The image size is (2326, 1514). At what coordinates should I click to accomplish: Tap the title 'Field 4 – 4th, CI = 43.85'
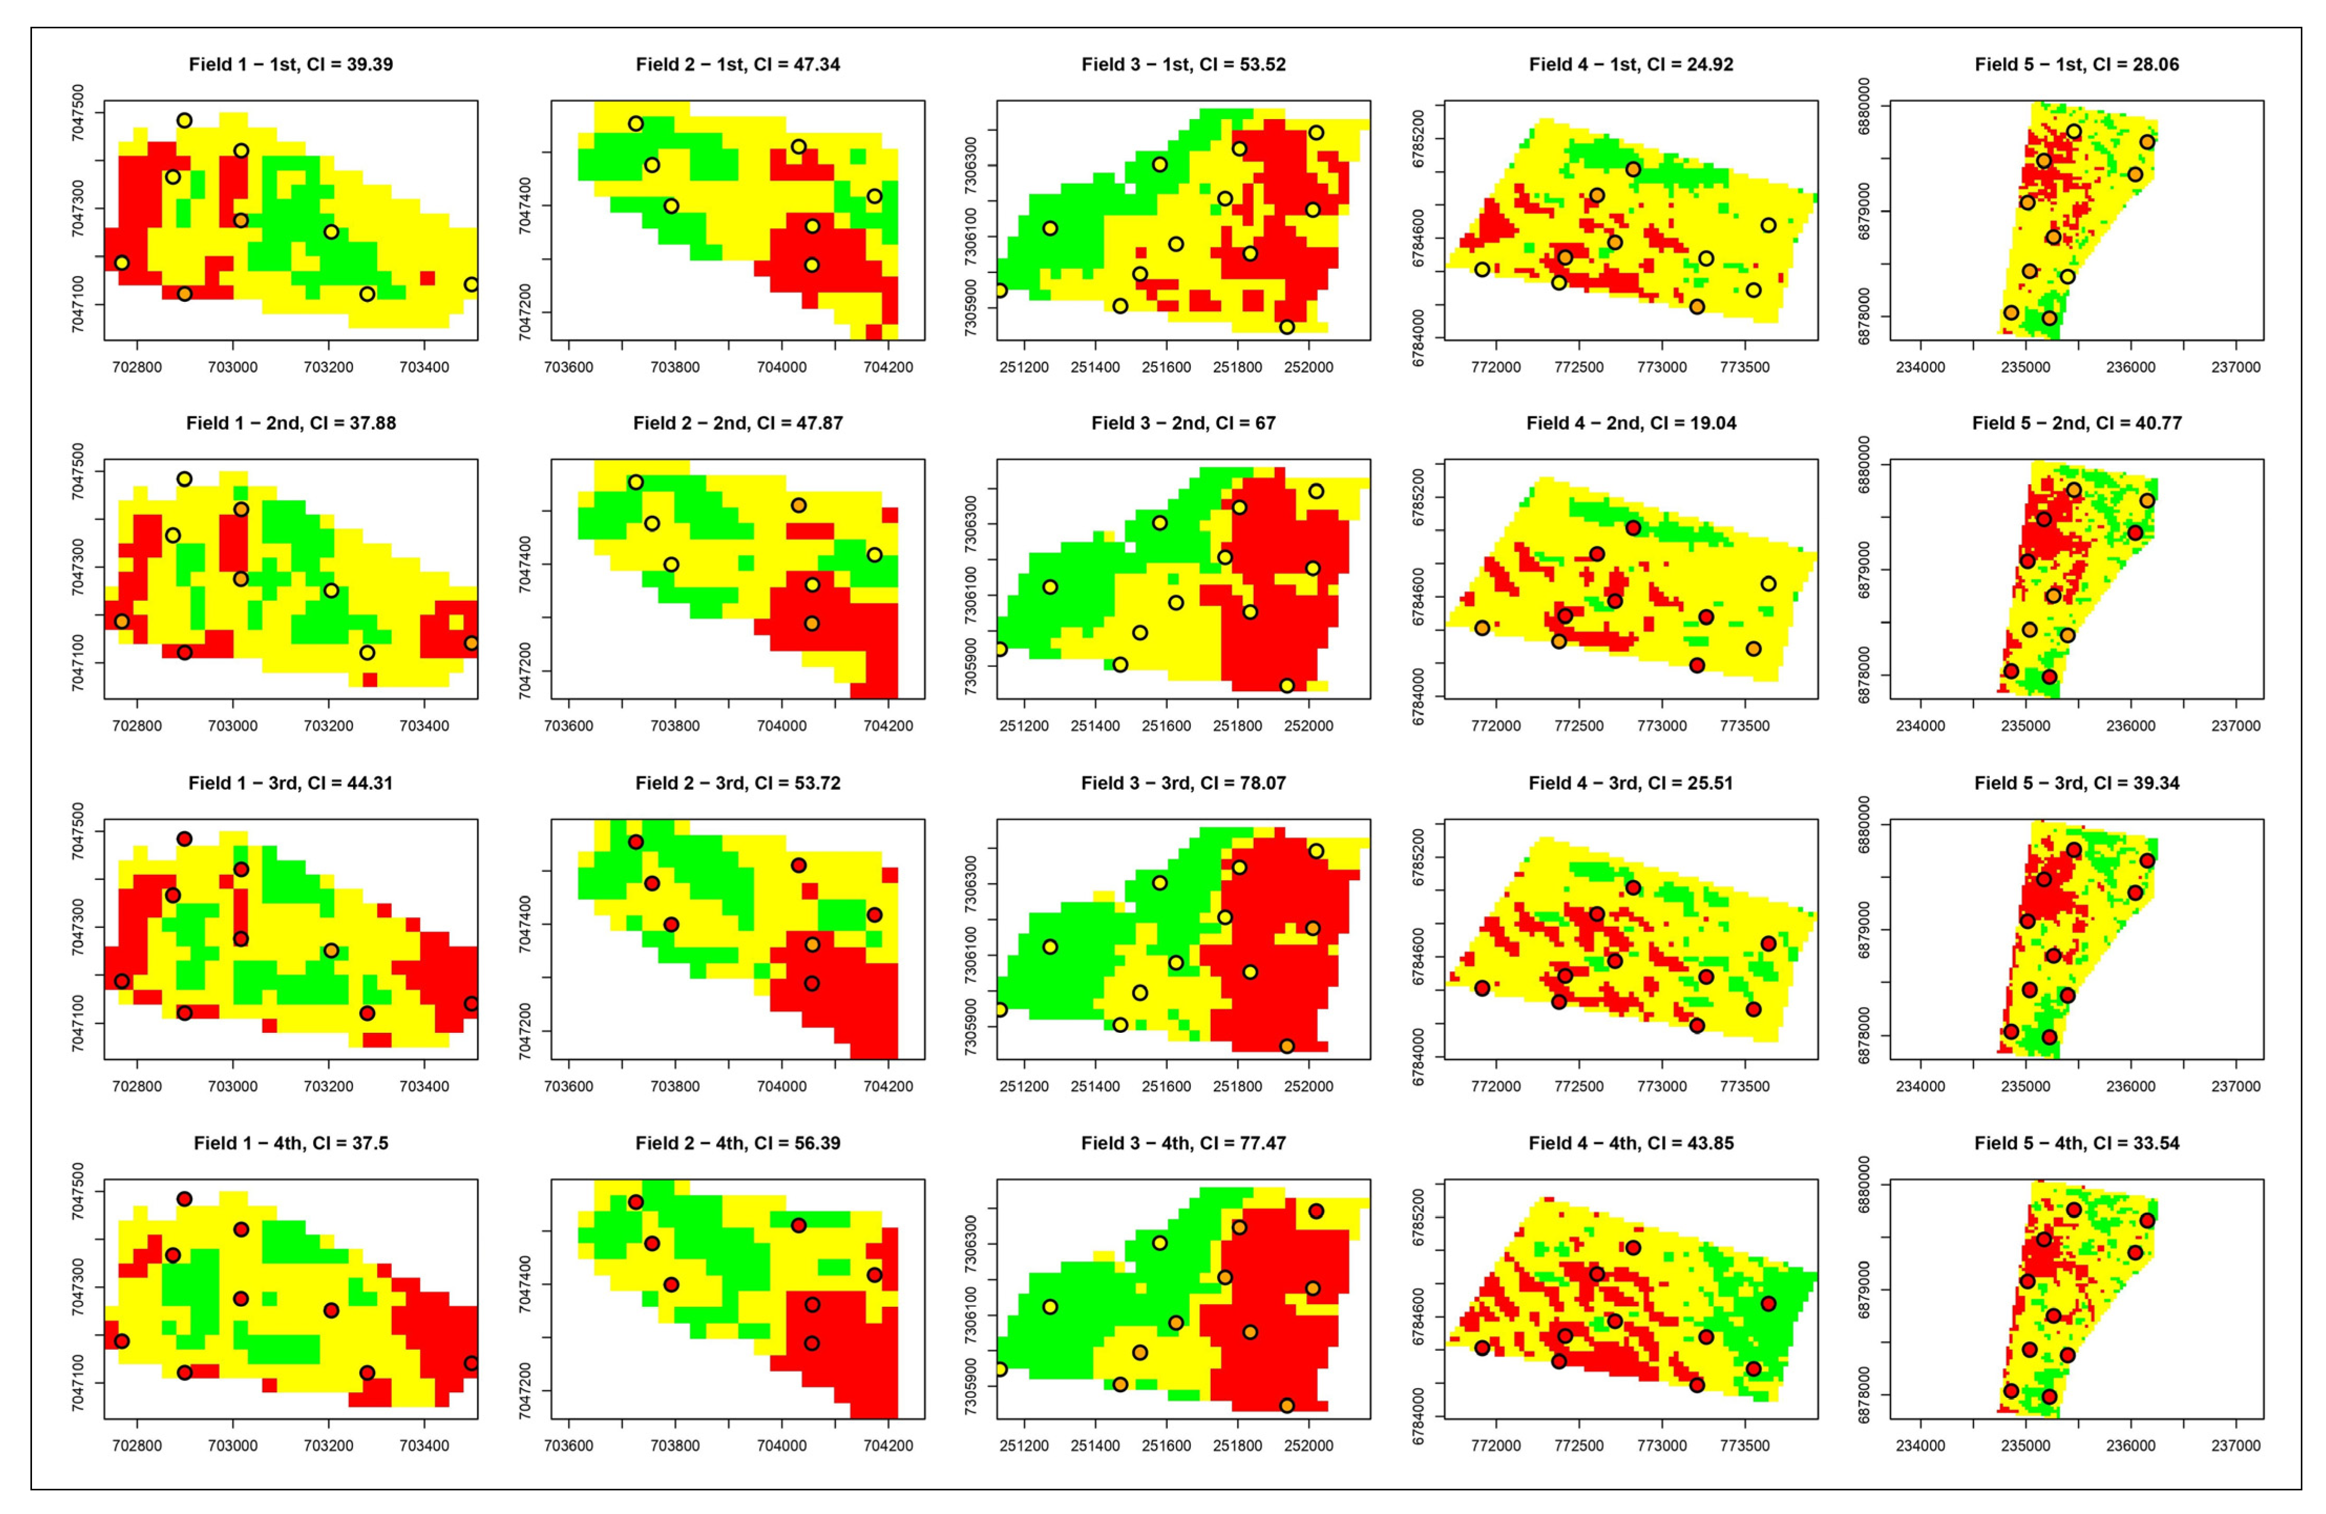[x=1630, y=1142]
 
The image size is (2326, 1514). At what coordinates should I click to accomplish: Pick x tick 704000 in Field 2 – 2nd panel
[x=781, y=726]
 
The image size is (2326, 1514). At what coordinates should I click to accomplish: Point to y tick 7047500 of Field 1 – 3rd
[x=78, y=831]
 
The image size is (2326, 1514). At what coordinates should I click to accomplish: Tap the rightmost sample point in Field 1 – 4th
[x=471, y=1362]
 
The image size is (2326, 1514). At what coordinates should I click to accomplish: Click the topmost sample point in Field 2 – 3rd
[x=635, y=842]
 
